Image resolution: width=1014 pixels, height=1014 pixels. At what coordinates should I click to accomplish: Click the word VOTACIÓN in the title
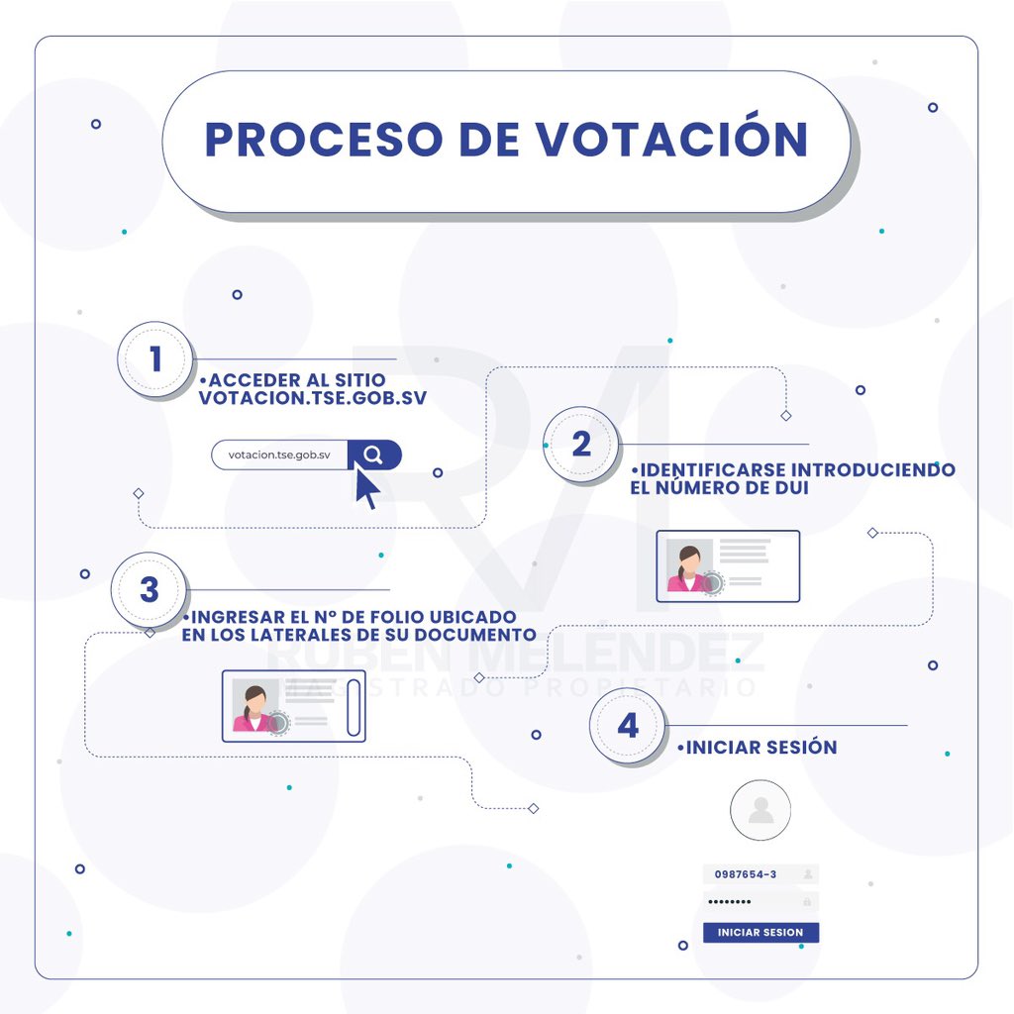point(672,140)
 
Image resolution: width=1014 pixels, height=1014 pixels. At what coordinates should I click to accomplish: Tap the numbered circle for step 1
point(154,358)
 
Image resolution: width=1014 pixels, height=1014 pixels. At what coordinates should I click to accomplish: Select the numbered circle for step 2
point(581,444)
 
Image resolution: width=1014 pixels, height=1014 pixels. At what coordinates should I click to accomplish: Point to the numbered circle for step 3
point(150,590)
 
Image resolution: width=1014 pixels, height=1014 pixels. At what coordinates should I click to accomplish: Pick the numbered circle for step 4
point(628,726)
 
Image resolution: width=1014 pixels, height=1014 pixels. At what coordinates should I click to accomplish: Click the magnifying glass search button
point(373,455)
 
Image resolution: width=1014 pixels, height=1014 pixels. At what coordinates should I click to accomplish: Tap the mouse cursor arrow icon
point(366,488)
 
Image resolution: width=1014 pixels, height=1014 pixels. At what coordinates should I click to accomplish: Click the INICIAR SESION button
point(760,933)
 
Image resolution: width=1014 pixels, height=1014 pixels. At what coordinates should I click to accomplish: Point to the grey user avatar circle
point(760,810)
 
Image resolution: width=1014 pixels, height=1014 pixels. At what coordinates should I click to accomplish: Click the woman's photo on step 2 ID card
point(688,567)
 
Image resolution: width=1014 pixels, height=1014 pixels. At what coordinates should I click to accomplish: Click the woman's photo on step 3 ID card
point(254,707)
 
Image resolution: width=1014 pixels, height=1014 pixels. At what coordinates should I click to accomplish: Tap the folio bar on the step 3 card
point(354,706)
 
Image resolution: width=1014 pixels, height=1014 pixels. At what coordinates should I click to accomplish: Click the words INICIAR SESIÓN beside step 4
point(760,748)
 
